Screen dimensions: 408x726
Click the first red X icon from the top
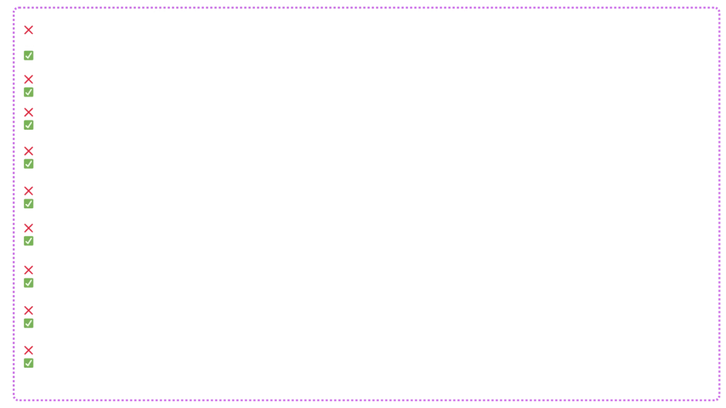point(28,29)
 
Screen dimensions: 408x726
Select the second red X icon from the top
point(28,79)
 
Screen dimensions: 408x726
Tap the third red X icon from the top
point(28,113)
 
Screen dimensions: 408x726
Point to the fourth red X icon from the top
point(28,151)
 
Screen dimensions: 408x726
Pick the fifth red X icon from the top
point(28,191)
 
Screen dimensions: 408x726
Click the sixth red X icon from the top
point(28,227)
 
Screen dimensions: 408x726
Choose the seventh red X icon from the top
point(28,270)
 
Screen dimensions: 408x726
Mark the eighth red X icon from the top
point(28,312)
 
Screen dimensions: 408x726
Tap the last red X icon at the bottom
point(28,351)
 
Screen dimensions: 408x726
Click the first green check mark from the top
point(28,55)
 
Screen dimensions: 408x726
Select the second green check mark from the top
point(28,92)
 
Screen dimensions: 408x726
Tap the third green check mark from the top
point(28,125)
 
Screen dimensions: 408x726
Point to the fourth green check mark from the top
point(28,164)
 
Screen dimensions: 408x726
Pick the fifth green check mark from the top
point(28,203)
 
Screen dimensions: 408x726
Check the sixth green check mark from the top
point(28,240)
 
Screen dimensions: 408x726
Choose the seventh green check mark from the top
point(28,283)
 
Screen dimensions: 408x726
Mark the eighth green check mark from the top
point(28,323)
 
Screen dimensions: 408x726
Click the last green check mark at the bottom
point(28,363)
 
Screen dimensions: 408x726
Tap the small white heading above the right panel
point(447,11)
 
